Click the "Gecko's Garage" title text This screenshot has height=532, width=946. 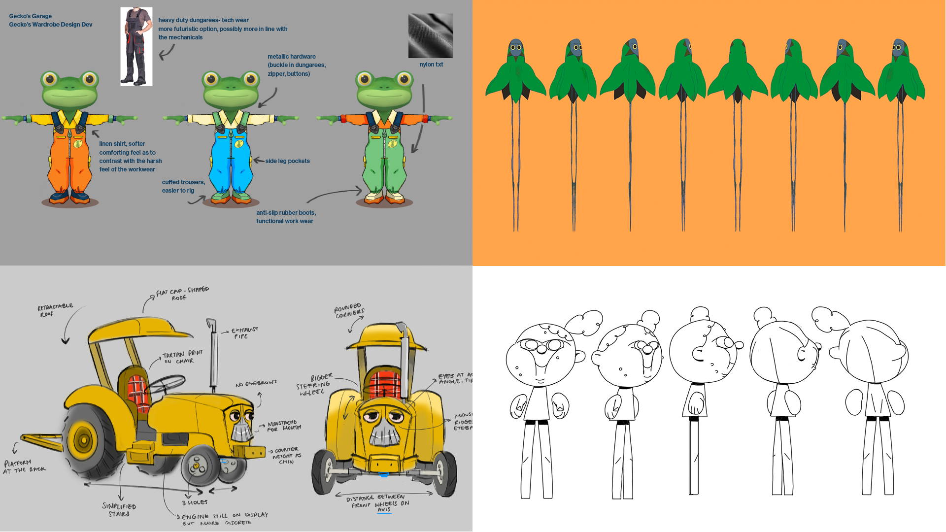[31, 16]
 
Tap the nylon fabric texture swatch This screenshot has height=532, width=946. [430, 35]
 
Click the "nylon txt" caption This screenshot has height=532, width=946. [431, 65]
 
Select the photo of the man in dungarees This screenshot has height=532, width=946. [136, 46]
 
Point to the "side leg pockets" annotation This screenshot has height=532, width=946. [287, 161]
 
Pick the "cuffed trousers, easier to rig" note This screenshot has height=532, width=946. [183, 186]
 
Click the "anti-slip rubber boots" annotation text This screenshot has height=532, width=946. [286, 217]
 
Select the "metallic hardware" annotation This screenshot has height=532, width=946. [296, 65]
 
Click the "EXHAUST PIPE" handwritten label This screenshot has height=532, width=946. [244, 333]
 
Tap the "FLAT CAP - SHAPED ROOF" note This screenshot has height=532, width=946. [182, 294]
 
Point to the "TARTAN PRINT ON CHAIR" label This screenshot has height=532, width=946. [182, 357]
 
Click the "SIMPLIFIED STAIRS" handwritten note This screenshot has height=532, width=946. [119, 510]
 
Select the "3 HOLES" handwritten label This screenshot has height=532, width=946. [195, 502]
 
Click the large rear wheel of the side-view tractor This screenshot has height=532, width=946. [85, 440]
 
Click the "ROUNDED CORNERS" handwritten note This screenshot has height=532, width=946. [349, 311]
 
